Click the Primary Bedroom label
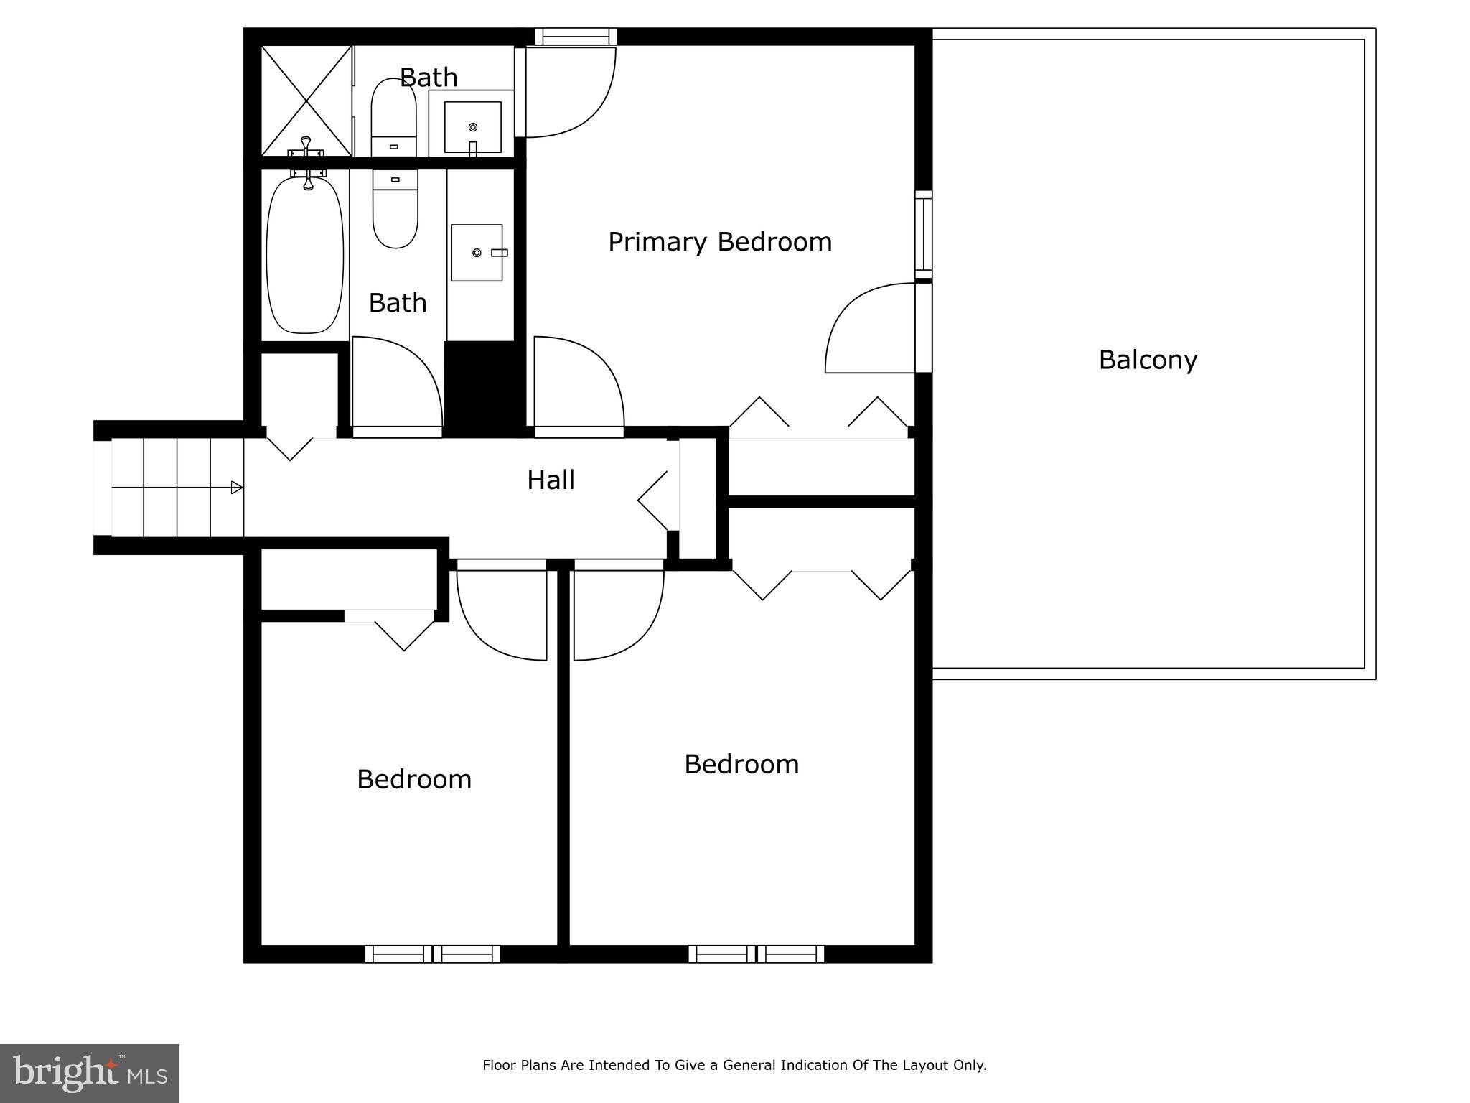point(720,242)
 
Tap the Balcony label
point(1147,360)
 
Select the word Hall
point(551,480)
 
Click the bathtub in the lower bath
point(305,254)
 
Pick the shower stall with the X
point(306,101)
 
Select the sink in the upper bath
point(472,127)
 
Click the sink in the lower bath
point(477,253)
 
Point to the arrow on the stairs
point(236,488)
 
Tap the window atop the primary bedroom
point(576,36)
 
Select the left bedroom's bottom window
point(432,954)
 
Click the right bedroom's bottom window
point(756,954)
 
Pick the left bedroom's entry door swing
point(502,614)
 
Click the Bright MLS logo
point(89,1073)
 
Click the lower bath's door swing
point(396,384)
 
